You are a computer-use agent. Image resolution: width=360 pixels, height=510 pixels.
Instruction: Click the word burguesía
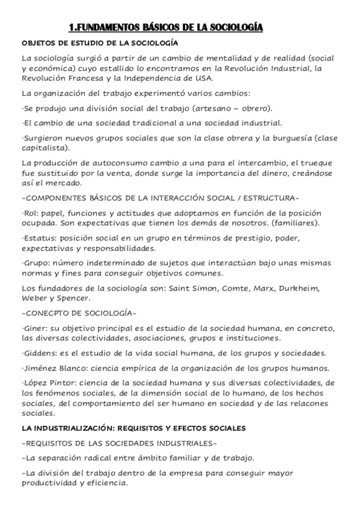click(289, 138)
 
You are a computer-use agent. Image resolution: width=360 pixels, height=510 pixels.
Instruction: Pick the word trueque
click(322, 163)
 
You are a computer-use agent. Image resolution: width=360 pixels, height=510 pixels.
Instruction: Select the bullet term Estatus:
click(37, 239)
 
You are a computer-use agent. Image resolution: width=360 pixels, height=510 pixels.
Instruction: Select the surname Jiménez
click(40, 367)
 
